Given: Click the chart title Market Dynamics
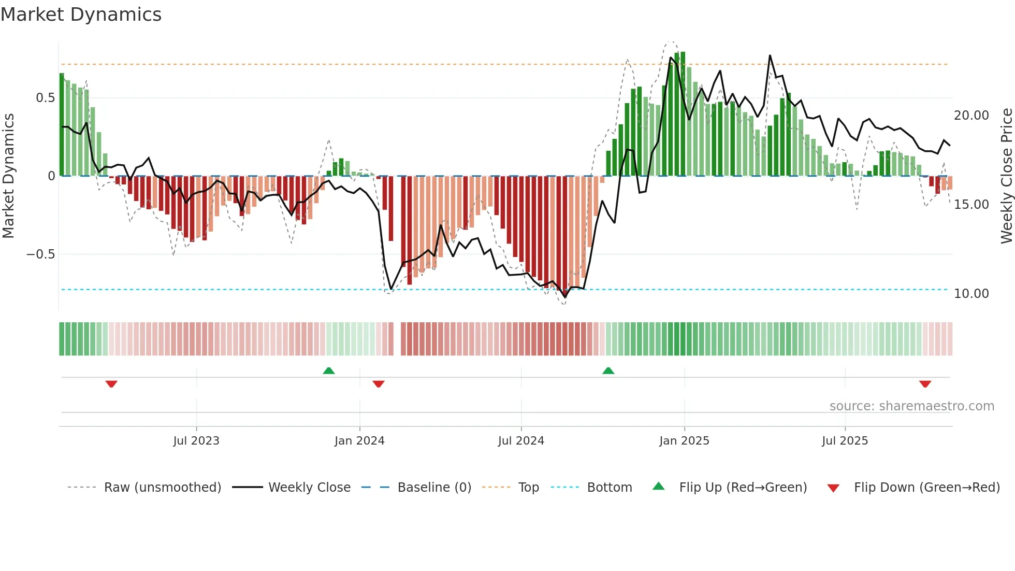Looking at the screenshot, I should pyautogui.click(x=81, y=15).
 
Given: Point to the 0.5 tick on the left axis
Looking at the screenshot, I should pyautogui.click(x=45, y=98).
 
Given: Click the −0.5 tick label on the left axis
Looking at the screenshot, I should pyautogui.click(x=40, y=254).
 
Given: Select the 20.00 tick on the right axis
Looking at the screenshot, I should pyautogui.click(x=971, y=116).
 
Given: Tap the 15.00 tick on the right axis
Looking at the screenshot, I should pyautogui.click(x=971, y=205).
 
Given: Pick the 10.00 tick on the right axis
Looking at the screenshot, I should pyautogui.click(x=971, y=294).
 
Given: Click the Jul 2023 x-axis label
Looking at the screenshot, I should pyautogui.click(x=196, y=441).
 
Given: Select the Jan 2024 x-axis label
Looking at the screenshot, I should pyautogui.click(x=359, y=441).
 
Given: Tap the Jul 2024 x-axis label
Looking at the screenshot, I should pyautogui.click(x=521, y=441).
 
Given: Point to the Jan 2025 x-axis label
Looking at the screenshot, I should pyautogui.click(x=684, y=441).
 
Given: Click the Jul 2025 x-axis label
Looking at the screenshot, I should pyautogui.click(x=845, y=441).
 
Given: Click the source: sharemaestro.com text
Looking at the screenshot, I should pyautogui.click(x=911, y=406).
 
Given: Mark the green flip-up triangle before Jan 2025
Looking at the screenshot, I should pyautogui.click(x=608, y=370).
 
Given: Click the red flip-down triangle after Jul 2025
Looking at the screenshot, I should pyautogui.click(x=925, y=384).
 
